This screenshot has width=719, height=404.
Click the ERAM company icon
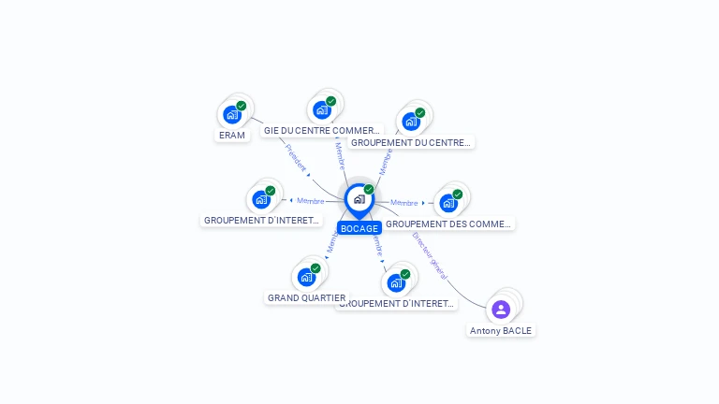coord(231,115)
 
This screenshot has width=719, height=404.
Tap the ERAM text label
coord(231,136)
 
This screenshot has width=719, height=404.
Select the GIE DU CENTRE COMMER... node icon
coord(322,110)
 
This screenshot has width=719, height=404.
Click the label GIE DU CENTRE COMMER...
coord(322,131)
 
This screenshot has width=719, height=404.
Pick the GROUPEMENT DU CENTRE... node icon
coord(411,122)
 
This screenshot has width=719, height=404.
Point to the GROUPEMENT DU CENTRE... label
coord(410,142)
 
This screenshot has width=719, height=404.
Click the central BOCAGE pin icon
coord(359,199)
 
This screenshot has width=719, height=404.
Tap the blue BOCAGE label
coord(359,228)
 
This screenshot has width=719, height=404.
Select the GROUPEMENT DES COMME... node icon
coord(448,203)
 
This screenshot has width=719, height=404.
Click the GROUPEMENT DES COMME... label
coord(448,224)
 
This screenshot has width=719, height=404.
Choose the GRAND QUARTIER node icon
coord(306,277)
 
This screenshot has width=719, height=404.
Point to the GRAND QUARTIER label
coord(306,298)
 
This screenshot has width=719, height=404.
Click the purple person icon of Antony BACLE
coord(501,310)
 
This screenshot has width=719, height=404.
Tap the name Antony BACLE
coord(501,330)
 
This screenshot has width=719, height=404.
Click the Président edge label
coord(296,159)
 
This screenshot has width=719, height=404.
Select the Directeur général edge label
coord(430,255)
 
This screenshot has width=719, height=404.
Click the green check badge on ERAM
coord(241,107)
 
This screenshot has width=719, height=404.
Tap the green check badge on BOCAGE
coord(369,190)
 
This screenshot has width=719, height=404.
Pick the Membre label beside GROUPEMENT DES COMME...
coord(404,203)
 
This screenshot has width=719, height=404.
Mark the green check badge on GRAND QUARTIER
coord(315,268)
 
